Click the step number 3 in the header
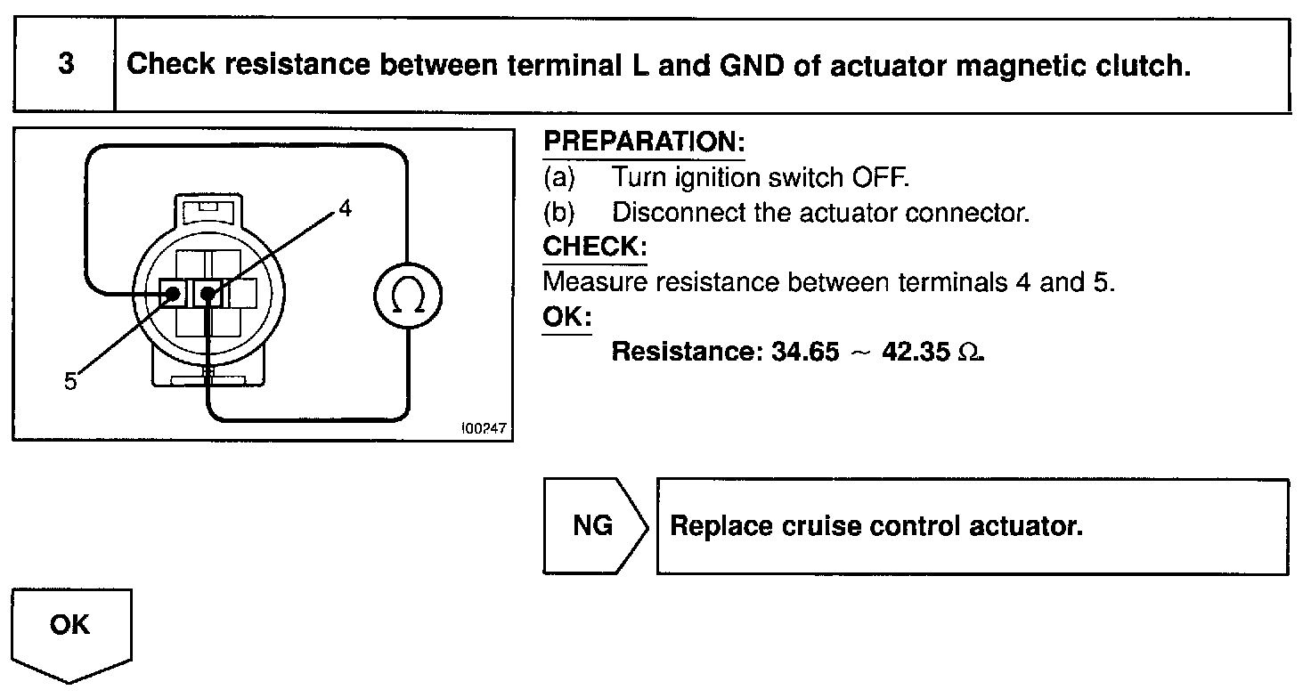pos(65,66)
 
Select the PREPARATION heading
pos(643,142)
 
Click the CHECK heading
pos(594,247)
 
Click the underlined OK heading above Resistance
pos(566,318)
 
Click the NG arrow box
pos(593,526)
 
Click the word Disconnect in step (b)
pos(672,214)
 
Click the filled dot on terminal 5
pos(173,292)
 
